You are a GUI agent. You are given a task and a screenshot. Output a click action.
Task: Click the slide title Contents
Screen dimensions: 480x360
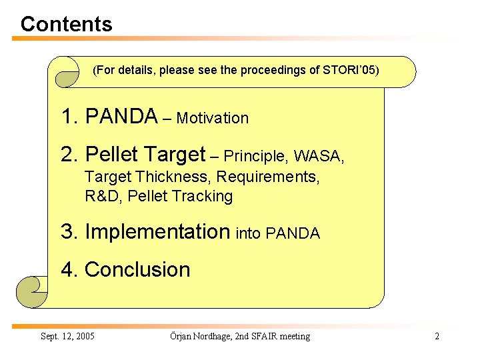click(x=66, y=24)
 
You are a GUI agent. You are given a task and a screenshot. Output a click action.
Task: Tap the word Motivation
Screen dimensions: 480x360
click(x=213, y=119)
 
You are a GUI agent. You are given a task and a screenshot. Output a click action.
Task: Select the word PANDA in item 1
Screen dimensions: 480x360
click(x=121, y=117)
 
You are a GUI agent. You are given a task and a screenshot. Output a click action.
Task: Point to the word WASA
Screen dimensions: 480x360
click(x=319, y=157)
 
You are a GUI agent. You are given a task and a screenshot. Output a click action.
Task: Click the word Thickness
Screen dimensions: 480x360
click(x=173, y=178)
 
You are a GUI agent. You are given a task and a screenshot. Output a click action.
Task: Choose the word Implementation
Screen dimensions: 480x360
click(x=157, y=232)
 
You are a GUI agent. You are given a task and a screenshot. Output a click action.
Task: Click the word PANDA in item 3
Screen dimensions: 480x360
click(x=293, y=234)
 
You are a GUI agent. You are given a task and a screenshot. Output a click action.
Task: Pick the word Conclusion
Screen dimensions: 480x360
click(x=137, y=270)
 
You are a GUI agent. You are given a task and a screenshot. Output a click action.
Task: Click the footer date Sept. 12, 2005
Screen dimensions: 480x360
click(x=67, y=336)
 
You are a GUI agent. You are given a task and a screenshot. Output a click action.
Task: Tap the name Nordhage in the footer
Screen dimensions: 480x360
click(x=213, y=336)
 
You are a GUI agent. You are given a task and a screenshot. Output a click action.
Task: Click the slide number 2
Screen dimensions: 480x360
click(x=437, y=336)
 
